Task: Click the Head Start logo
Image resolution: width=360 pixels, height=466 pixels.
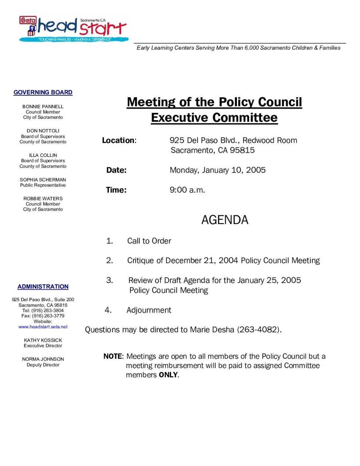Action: pos(74,28)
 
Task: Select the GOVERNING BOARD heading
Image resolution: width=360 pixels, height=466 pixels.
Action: pos(43,92)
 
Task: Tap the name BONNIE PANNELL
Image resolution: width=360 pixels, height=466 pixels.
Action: pos(43,107)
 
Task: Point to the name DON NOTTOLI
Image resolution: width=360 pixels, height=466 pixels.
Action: pos(43,131)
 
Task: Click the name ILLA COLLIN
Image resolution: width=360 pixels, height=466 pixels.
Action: pos(43,155)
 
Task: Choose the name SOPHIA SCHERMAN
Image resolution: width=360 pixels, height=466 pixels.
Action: pos(43,180)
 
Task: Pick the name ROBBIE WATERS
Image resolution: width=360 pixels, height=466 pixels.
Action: pos(43,199)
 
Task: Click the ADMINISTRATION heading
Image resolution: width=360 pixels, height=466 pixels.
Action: pos(43,287)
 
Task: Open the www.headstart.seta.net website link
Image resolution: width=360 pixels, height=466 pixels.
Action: pos(43,327)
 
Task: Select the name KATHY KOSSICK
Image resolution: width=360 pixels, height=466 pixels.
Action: pos(43,340)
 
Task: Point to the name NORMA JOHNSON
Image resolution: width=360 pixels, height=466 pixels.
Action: pos(43,359)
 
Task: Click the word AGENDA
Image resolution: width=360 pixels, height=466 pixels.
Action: pos(225,220)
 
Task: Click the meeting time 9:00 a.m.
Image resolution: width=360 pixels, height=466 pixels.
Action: pos(187,190)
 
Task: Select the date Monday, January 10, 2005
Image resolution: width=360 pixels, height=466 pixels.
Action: pos(217,170)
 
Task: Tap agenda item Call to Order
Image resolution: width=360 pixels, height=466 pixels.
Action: pos(149,241)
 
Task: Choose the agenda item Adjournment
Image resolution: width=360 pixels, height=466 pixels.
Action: pos(149,310)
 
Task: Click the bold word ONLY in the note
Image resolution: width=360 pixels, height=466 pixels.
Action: pos(168,375)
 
